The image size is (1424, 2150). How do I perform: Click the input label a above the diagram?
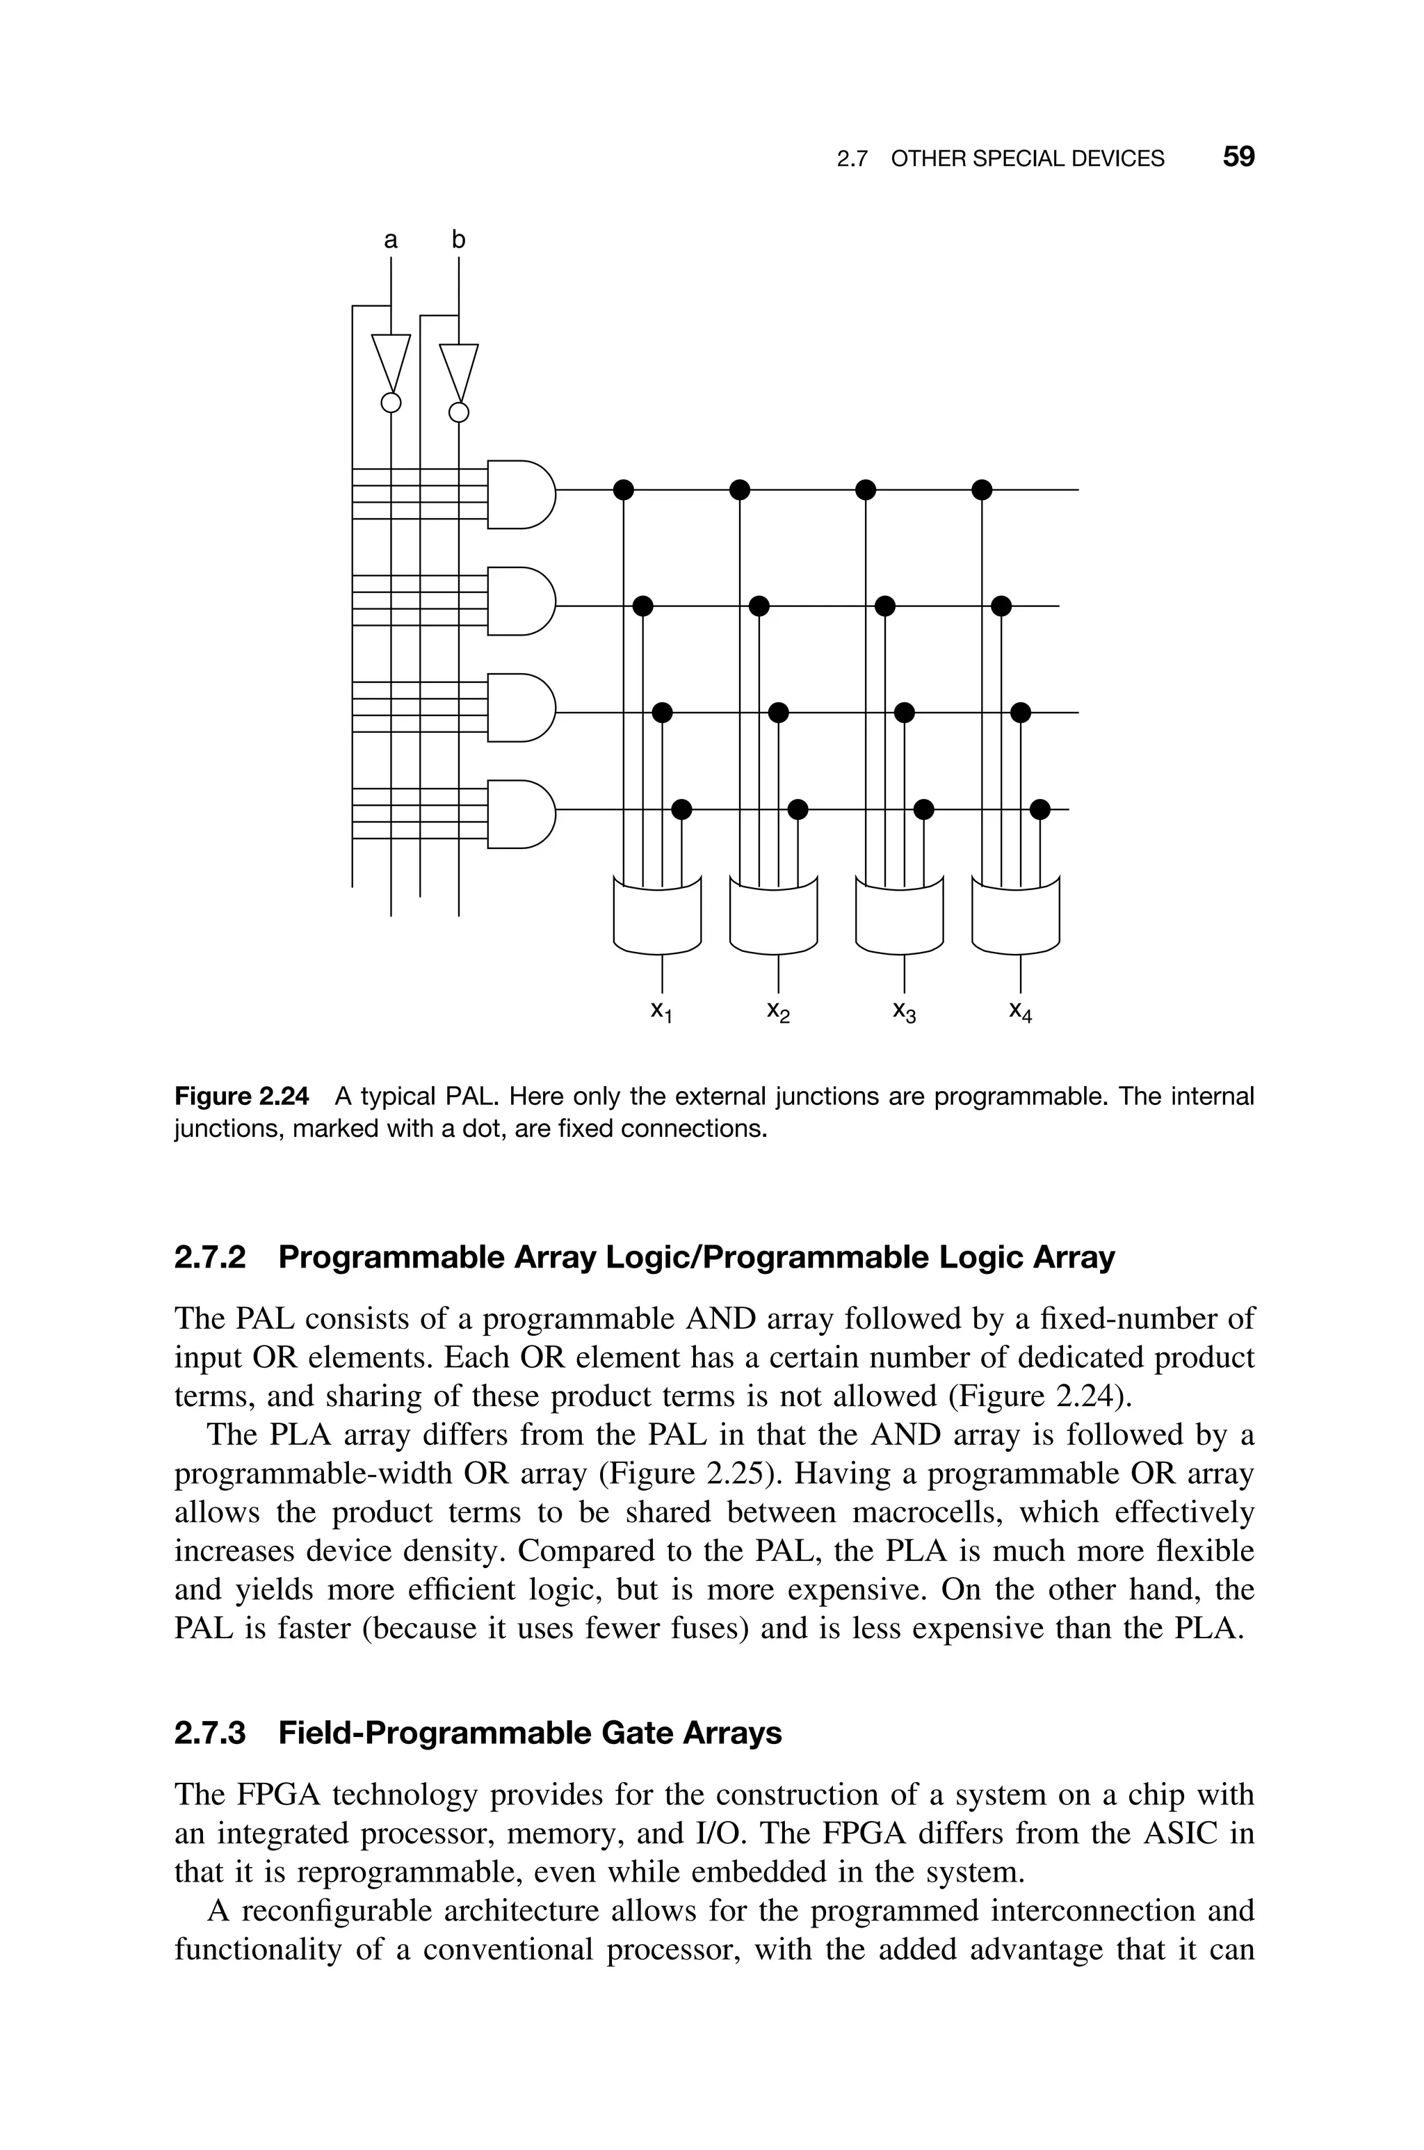coord(391,241)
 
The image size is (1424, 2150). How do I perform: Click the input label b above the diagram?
coord(459,240)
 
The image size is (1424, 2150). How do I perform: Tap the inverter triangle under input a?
coord(391,362)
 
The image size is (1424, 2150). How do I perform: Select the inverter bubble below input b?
coord(460,413)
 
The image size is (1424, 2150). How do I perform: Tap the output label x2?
coord(778,1012)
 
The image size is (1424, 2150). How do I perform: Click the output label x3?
coord(905,1012)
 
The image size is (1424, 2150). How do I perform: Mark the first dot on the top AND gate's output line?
coord(623,490)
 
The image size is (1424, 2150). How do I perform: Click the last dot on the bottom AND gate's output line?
coord(1040,809)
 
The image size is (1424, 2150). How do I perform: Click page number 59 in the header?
coord(1238,157)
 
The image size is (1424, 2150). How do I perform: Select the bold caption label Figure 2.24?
coord(241,1097)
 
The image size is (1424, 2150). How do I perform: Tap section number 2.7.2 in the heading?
coord(210,1257)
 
